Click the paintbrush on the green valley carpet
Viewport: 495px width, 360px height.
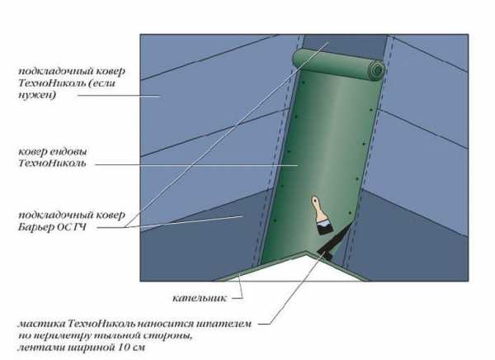322,216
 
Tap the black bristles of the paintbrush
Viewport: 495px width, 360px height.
325,226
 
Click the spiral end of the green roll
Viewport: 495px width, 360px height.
377,69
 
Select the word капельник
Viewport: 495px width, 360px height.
200,298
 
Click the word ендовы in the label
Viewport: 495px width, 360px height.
68,152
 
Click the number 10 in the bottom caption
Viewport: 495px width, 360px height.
125,348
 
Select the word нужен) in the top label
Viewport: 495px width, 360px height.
37,95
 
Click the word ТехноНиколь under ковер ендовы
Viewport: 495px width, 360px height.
52,163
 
